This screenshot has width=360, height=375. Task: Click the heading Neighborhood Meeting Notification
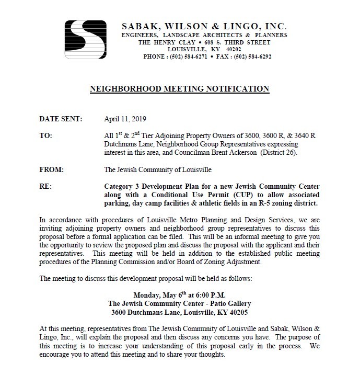click(x=180, y=89)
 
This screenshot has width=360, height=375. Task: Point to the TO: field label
click(x=46, y=135)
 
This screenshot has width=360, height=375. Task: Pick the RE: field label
click(x=45, y=186)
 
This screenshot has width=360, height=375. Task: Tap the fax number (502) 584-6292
click(x=249, y=56)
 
